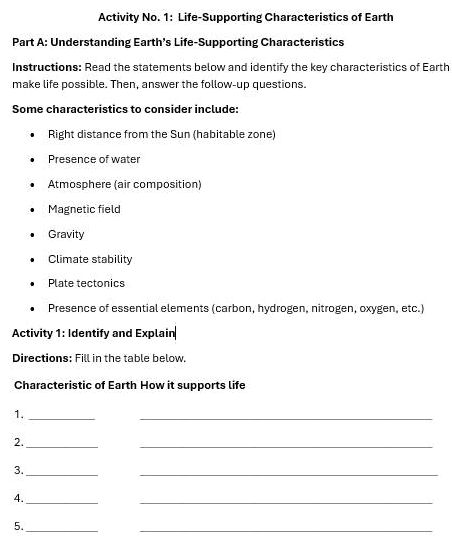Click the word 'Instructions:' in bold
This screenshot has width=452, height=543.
pos(47,66)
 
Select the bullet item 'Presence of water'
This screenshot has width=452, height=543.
pos(94,159)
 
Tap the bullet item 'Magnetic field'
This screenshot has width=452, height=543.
pos(84,209)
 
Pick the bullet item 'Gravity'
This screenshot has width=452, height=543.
pos(66,234)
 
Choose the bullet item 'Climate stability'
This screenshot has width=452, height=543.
pos(90,259)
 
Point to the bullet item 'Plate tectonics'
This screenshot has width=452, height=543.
pos(86,284)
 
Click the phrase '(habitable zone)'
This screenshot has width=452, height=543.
pos(236,134)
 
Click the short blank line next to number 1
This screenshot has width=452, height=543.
pos(62,418)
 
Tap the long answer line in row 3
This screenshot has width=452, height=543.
pos(288,474)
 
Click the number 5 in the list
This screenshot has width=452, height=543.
pos(18,526)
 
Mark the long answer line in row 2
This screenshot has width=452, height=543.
pos(286,446)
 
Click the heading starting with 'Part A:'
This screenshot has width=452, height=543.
pos(178,42)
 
